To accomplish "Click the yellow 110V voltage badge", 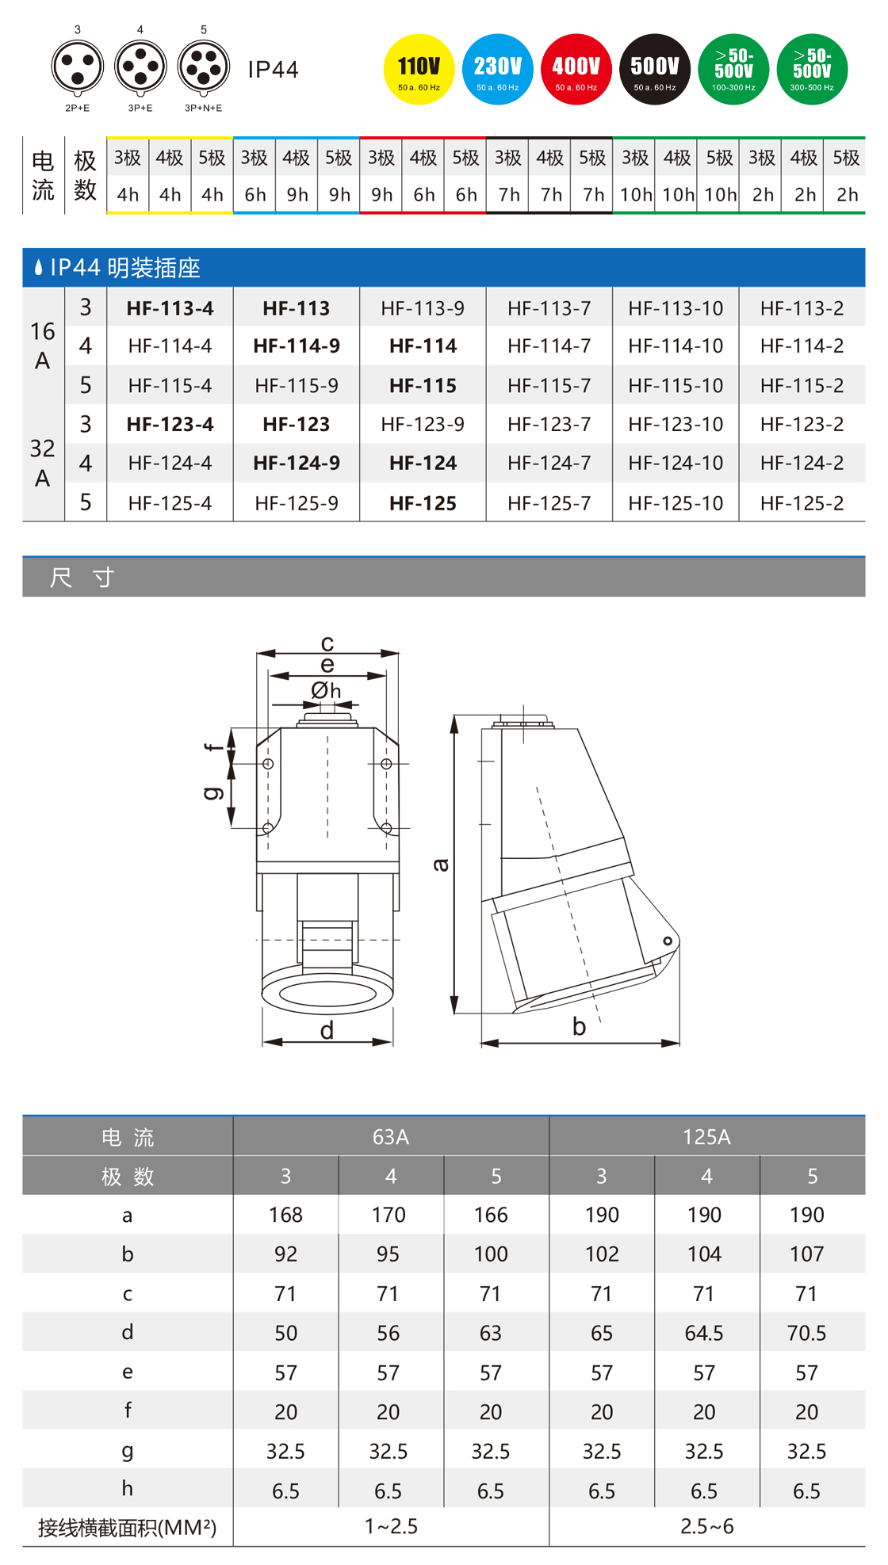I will pyautogui.click(x=419, y=69).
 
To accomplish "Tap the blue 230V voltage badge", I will pyautogui.click(x=497, y=69).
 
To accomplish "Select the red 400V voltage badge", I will pyautogui.click(x=576, y=69).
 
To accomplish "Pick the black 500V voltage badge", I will pyautogui.click(x=655, y=69).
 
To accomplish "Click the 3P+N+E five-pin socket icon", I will pyautogui.click(x=204, y=67).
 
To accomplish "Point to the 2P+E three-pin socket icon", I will pyautogui.click(x=78, y=67).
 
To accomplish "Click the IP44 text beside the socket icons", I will pyautogui.click(x=273, y=70).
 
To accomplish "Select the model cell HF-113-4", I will pyautogui.click(x=170, y=308).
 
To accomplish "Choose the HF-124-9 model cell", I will pyautogui.click(x=297, y=463).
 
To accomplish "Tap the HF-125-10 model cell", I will pyautogui.click(x=676, y=502).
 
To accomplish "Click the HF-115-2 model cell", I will pyautogui.click(x=802, y=385).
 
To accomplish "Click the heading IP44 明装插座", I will pyautogui.click(x=124, y=268).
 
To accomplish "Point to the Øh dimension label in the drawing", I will pyautogui.click(x=326, y=691).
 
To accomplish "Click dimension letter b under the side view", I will pyautogui.click(x=579, y=1027).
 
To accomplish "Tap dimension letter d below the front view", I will pyautogui.click(x=327, y=1030).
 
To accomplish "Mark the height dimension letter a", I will pyautogui.click(x=440, y=865).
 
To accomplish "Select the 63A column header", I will pyautogui.click(x=391, y=1136).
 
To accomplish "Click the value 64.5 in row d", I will pyautogui.click(x=704, y=1333).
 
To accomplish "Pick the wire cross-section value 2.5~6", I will pyautogui.click(x=706, y=1526).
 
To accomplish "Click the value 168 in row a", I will pyautogui.click(x=285, y=1215).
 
